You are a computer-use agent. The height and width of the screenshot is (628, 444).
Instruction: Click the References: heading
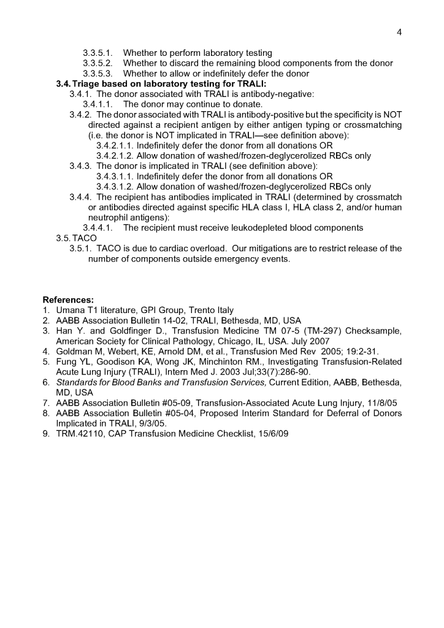coord(68,300)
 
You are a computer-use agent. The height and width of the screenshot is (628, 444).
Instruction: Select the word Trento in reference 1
coord(196,310)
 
